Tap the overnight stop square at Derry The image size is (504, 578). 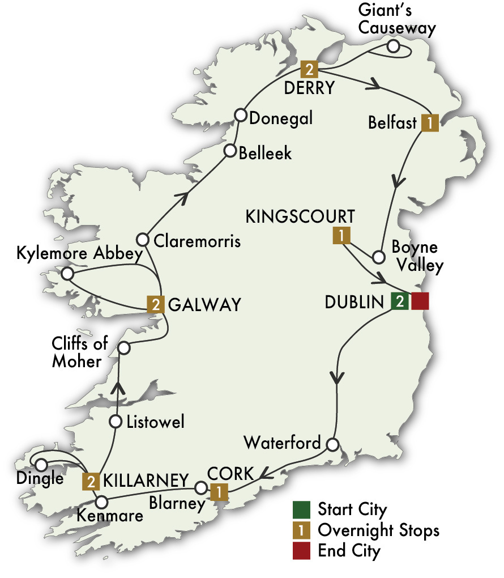[x=309, y=69]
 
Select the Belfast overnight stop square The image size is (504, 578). [x=430, y=123]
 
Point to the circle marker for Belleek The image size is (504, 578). [x=230, y=151]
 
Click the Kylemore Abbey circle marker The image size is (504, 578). [x=67, y=274]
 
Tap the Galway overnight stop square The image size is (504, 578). [x=155, y=304]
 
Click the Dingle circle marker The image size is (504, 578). [x=41, y=465]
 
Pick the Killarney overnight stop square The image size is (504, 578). [x=91, y=481]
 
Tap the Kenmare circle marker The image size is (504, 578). [x=101, y=502]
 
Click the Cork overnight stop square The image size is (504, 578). [x=218, y=492]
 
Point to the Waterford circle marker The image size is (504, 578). [x=332, y=443]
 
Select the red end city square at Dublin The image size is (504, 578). [x=420, y=301]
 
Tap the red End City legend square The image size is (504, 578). [x=302, y=551]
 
